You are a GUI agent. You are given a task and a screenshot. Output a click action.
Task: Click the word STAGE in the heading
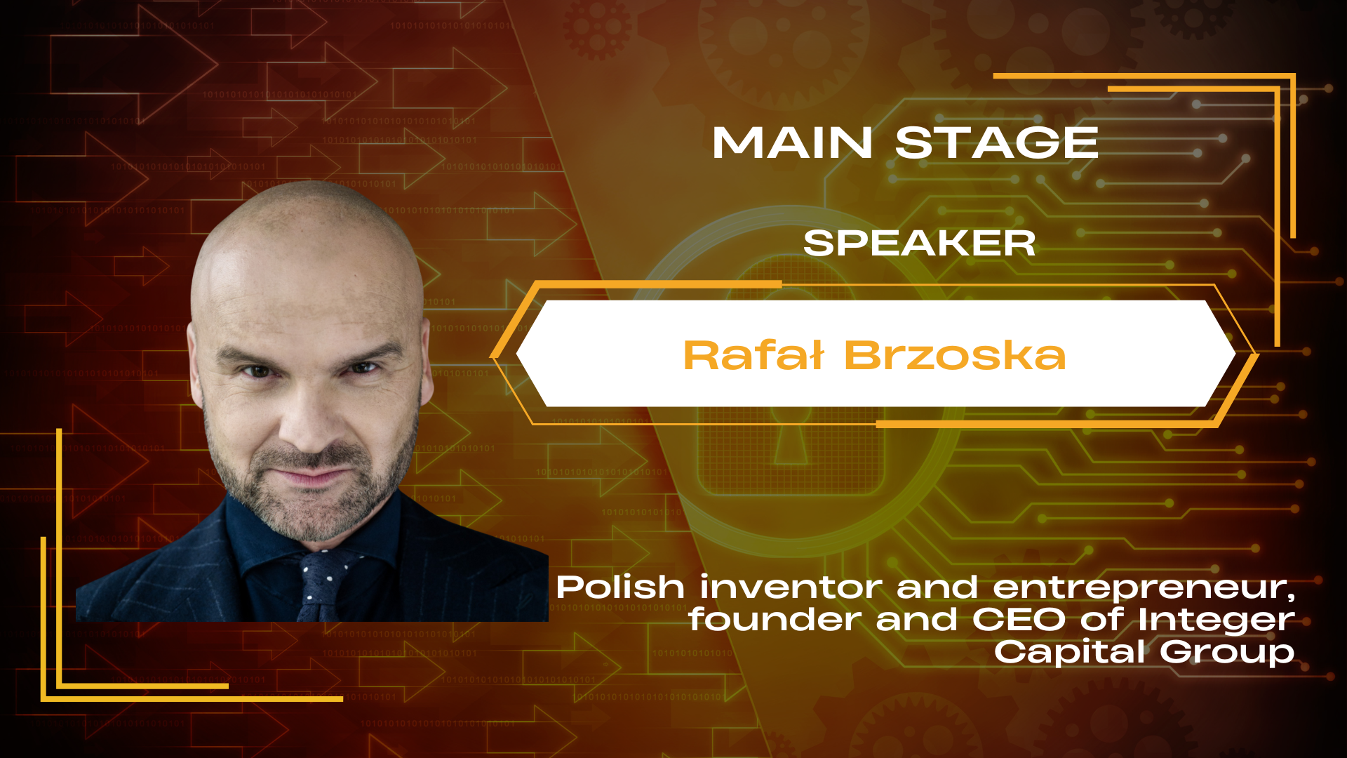(997, 143)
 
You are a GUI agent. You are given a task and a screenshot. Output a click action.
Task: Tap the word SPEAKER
(919, 244)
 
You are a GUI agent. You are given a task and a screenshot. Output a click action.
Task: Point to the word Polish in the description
(620, 587)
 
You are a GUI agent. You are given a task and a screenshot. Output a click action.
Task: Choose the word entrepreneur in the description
(1139, 587)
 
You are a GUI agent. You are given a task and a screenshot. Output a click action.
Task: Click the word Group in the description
(1227, 653)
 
